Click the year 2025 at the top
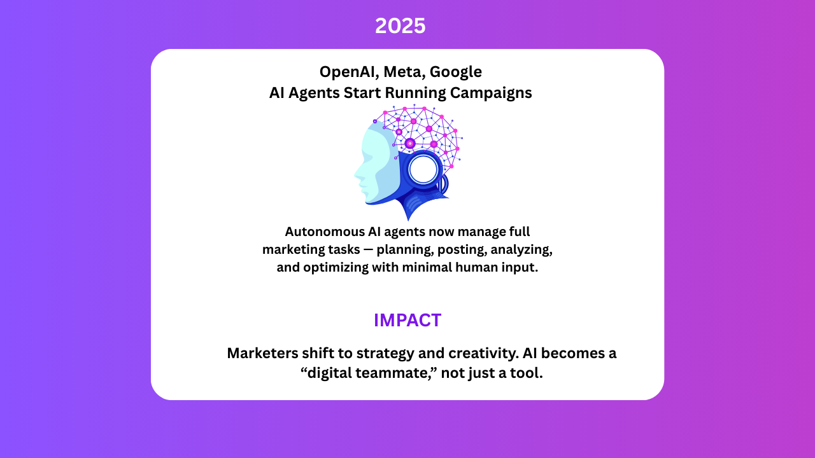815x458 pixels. tap(400, 26)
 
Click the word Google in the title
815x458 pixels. tap(456, 73)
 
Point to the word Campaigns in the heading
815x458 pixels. tap(491, 93)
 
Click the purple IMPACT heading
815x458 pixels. tap(407, 320)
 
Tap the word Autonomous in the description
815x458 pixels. tap(325, 232)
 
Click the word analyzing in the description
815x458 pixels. tap(521, 250)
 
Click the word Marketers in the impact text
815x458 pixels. tap(263, 353)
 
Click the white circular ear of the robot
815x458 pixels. tap(423, 170)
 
